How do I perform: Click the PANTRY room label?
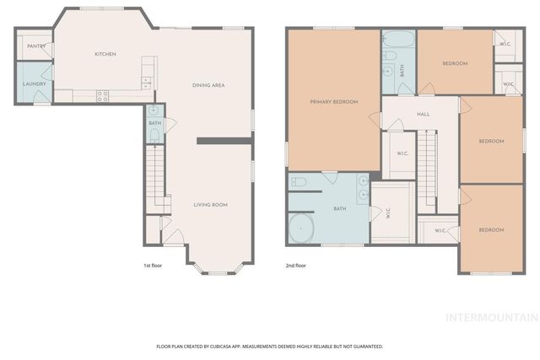tap(35, 46)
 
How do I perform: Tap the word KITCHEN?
tap(105, 55)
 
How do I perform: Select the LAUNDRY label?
tap(34, 84)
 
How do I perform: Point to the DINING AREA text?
tap(208, 85)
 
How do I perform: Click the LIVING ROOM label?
tap(210, 205)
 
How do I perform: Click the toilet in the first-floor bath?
tap(154, 135)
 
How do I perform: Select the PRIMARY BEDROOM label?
tap(333, 102)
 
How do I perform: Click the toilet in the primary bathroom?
tap(299, 181)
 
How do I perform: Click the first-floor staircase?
tap(154, 178)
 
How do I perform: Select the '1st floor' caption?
tap(153, 266)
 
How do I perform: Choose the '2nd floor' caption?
tap(296, 266)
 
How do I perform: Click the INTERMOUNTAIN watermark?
tap(492, 318)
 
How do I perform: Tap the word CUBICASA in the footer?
tap(239, 347)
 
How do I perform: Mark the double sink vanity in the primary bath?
tap(362, 189)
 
